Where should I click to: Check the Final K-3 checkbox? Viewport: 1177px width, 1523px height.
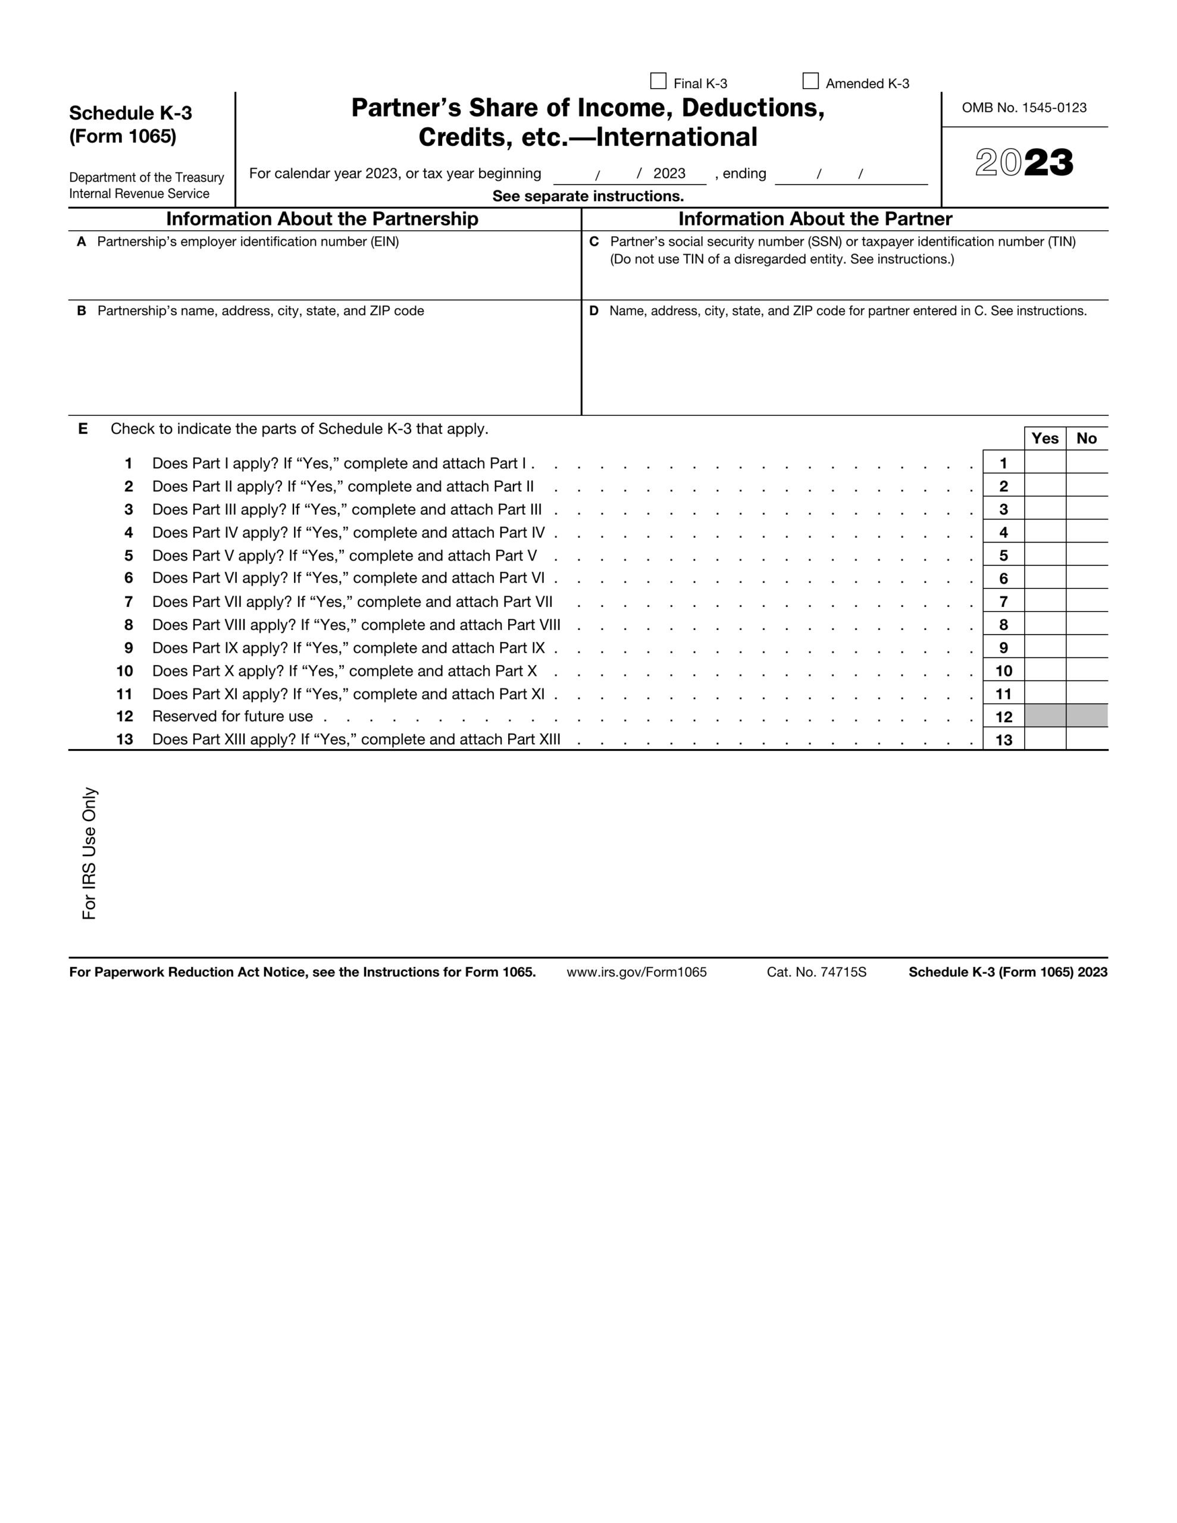pyautogui.click(x=658, y=82)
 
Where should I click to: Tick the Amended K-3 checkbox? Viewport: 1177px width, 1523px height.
pyautogui.click(x=810, y=82)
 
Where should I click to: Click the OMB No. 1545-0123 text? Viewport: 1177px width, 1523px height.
pyautogui.click(x=1023, y=108)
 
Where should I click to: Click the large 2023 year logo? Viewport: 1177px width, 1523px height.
pyautogui.click(x=1023, y=163)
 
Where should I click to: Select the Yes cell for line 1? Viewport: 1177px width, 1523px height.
pyautogui.click(x=1044, y=462)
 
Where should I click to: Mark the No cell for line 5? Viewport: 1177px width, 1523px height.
pyautogui.click(x=1087, y=555)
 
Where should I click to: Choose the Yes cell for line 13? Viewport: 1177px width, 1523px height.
pyautogui.click(x=1044, y=739)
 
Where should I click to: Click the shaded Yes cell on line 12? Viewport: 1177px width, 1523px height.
pyautogui.click(x=1044, y=716)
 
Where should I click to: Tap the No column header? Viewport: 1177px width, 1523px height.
pyautogui.click(x=1087, y=438)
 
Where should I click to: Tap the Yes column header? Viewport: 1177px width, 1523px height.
pyautogui.click(x=1044, y=438)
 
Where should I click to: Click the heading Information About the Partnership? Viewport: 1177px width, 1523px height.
pyautogui.click(x=322, y=219)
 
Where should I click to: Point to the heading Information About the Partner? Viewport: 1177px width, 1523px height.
pyautogui.click(x=815, y=219)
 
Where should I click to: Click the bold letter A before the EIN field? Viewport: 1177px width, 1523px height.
pyautogui.click(x=82, y=242)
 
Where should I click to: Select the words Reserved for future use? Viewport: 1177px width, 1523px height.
pyautogui.click(x=232, y=716)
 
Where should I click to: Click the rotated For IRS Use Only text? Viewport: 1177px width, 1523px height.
pyautogui.click(x=89, y=853)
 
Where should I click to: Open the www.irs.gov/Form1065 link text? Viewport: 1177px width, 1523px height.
pyautogui.click(x=636, y=972)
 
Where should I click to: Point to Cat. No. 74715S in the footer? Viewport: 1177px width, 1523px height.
pyautogui.click(x=816, y=972)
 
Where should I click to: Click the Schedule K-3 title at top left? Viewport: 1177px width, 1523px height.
pyautogui.click(x=130, y=114)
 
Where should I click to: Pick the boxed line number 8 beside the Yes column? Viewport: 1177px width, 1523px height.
pyautogui.click(x=1003, y=625)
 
